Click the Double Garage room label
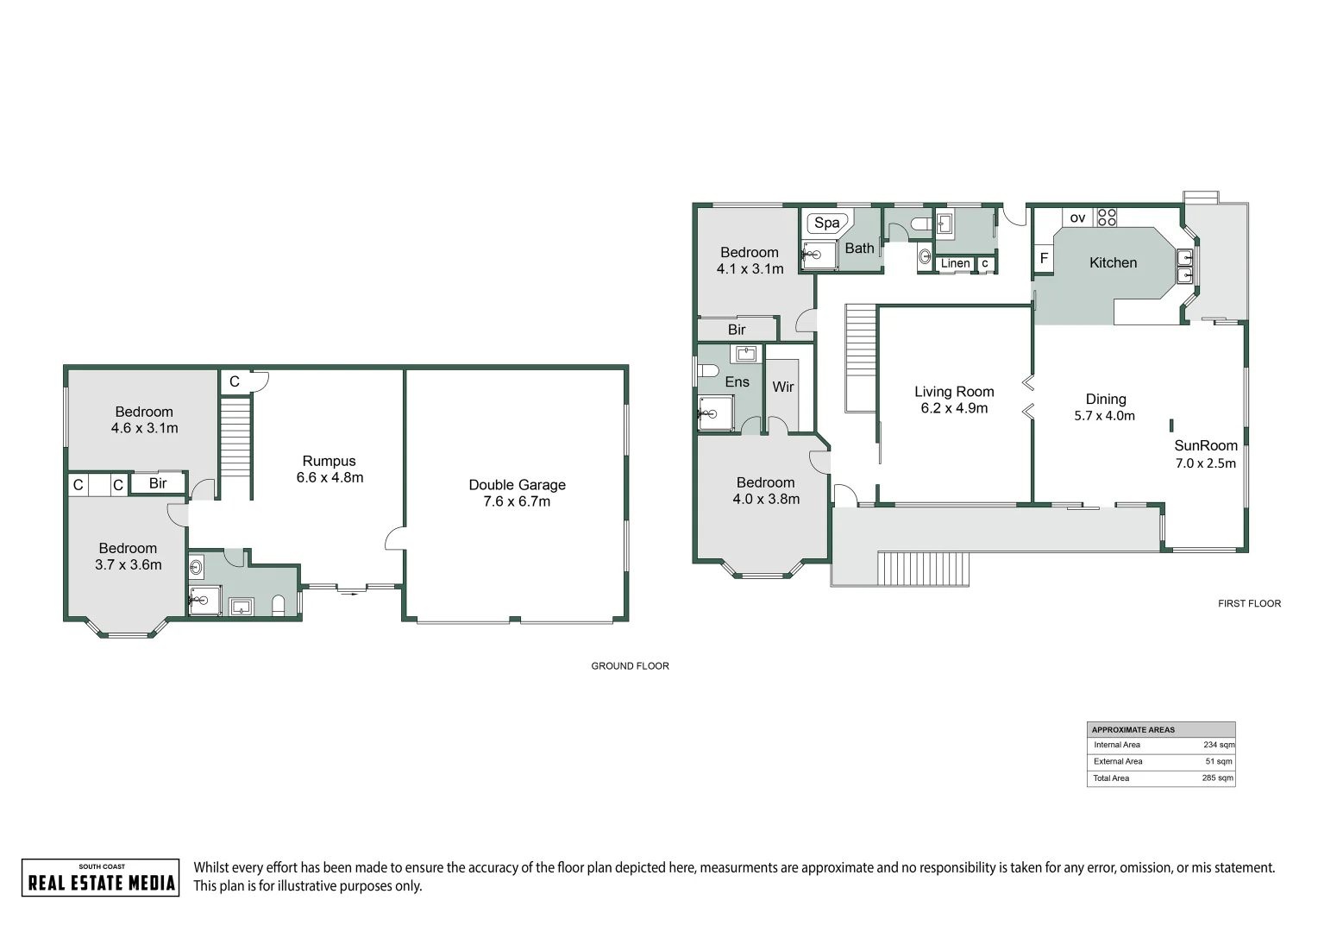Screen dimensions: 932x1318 pos(517,485)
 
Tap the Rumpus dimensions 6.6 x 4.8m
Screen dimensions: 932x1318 pos(329,477)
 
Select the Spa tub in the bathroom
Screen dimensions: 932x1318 pos(826,223)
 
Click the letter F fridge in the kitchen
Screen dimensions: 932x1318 pos(1044,258)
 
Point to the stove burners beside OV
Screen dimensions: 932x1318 pos(1106,217)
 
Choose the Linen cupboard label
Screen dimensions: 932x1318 pos(955,263)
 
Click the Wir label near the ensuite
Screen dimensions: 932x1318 pos(782,387)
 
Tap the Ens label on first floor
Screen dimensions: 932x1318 pos(737,381)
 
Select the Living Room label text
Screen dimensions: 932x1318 pos(954,392)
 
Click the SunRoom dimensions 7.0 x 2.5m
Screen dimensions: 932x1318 pos(1205,463)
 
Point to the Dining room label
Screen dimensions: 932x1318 pos(1105,399)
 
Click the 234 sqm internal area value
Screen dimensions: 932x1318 pos(1218,745)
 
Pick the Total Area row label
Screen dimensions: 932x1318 pos(1111,778)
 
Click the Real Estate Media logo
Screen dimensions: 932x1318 pos(101,878)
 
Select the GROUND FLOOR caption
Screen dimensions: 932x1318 pos(630,666)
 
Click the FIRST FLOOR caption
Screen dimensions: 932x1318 pos(1249,604)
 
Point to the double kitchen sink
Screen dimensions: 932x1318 pos(1185,266)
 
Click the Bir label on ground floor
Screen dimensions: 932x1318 pos(158,483)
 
